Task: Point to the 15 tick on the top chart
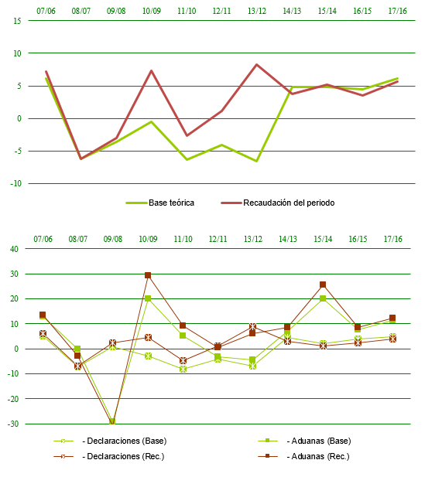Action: click(17, 20)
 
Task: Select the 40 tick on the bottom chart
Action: click(13, 249)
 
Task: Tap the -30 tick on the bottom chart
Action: click(12, 424)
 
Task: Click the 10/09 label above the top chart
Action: click(151, 12)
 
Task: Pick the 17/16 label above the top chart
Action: click(397, 12)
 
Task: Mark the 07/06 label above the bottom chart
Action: click(43, 239)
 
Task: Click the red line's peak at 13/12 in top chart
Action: click(256, 65)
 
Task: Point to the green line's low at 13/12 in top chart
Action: click(256, 161)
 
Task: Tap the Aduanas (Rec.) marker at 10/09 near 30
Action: click(148, 275)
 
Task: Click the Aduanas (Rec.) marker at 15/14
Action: click(323, 284)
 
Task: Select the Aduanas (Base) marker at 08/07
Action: click(77, 349)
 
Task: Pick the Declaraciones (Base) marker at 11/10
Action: click(183, 370)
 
